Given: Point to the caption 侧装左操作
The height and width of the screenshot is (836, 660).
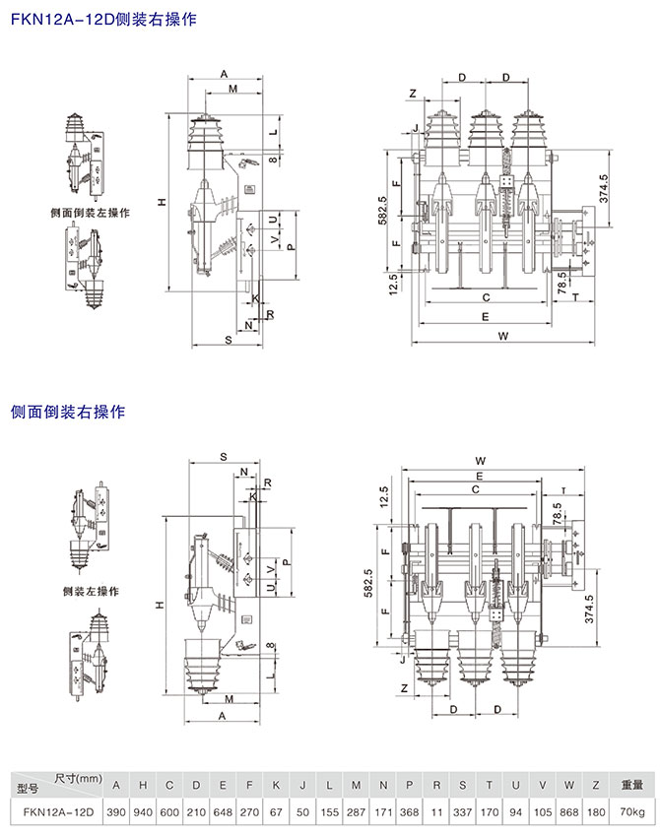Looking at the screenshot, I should (x=90, y=591).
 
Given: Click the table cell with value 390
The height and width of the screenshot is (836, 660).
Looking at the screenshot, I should (x=117, y=812).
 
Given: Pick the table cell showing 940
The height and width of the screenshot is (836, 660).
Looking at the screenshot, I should (x=144, y=812).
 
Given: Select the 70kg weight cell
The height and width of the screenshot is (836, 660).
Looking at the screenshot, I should (x=630, y=812).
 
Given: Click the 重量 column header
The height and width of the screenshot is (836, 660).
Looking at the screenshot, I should (x=630, y=785).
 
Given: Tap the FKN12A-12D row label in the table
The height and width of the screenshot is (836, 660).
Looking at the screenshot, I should (x=55, y=812).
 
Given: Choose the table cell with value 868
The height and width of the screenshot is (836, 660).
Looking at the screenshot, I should (x=569, y=812).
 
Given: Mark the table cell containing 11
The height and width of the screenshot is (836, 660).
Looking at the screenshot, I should (x=436, y=812).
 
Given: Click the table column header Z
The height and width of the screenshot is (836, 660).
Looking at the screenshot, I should (x=596, y=785).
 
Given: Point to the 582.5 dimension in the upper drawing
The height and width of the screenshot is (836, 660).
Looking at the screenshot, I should (x=383, y=212).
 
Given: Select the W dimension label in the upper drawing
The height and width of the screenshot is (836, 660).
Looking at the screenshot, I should (x=503, y=337).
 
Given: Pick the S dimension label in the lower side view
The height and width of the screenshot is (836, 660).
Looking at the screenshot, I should (x=224, y=457).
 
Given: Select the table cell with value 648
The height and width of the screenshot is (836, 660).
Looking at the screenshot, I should (x=224, y=812).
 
